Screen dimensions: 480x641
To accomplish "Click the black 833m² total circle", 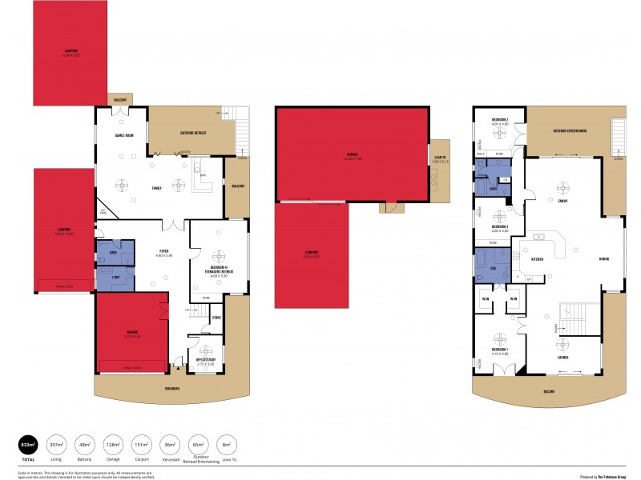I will click(28, 446).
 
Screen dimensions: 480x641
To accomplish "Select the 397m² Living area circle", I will click(56, 445).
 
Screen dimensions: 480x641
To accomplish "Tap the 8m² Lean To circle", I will click(226, 445).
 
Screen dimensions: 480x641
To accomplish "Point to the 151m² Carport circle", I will click(141, 445).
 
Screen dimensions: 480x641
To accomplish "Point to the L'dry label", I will click(114, 277).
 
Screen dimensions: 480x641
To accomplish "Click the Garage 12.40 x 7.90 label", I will click(353, 155).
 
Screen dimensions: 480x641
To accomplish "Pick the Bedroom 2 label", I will click(500, 121).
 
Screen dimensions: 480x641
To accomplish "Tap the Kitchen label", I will click(538, 259).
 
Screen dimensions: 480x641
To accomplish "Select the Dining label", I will click(603, 259).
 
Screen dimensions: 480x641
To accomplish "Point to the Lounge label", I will click(564, 357).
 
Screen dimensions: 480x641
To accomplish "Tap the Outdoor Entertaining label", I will click(570, 130).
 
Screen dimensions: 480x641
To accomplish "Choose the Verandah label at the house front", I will click(172, 389).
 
